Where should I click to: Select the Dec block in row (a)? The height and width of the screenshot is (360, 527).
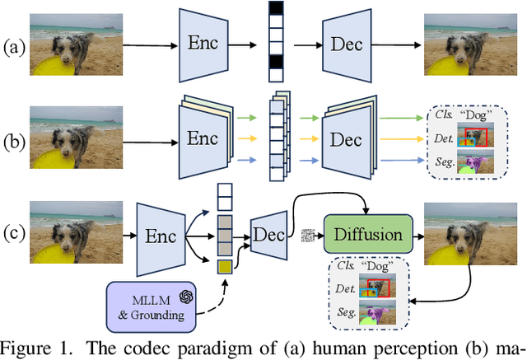(x=347, y=42)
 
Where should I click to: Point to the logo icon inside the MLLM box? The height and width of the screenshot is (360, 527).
(x=187, y=297)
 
